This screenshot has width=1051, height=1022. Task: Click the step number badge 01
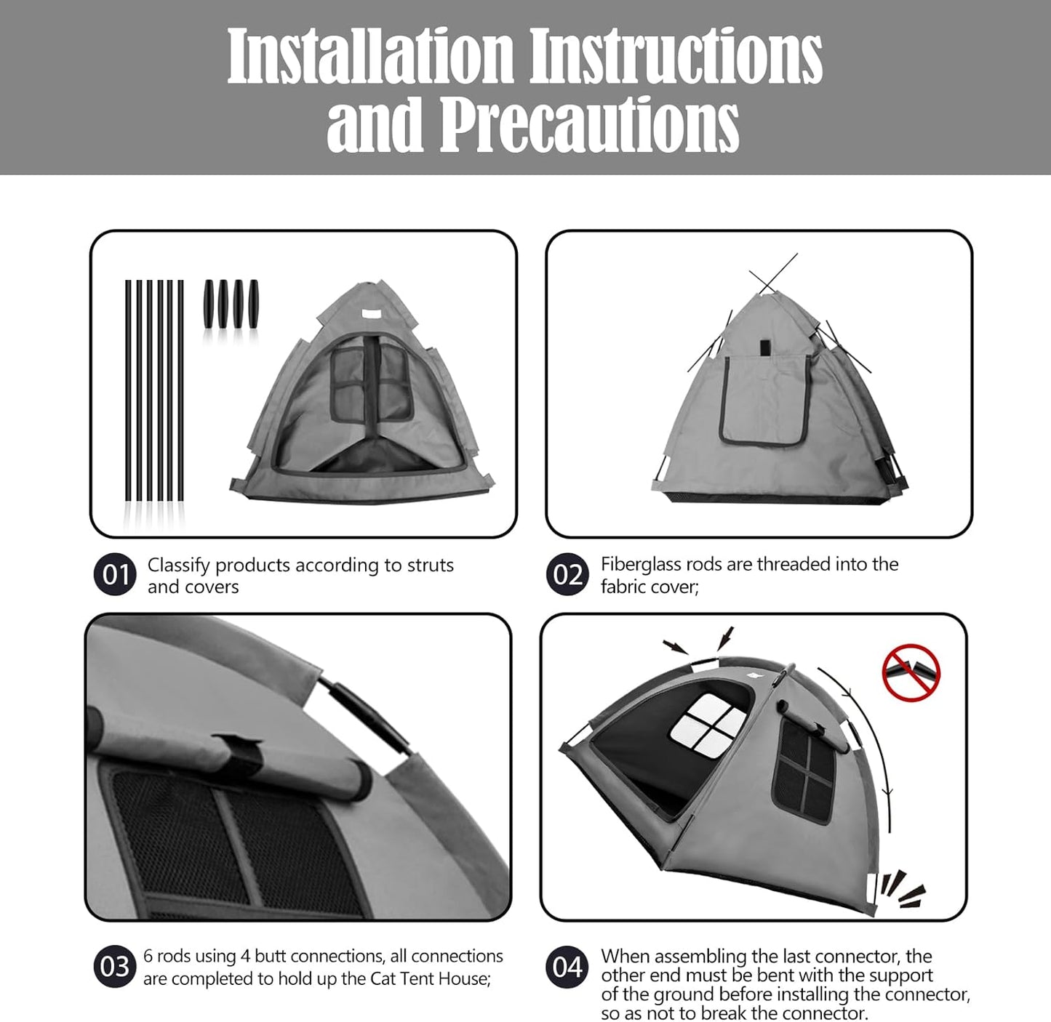(x=115, y=575)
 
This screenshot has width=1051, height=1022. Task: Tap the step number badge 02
(x=567, y=575)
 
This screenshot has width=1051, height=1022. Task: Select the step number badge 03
(x=115, y=967)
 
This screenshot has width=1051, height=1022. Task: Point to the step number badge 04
(x=567, y=967)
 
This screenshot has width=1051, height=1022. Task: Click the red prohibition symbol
(x=911, y=672)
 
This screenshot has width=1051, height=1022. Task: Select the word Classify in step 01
(x=179, y=565)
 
